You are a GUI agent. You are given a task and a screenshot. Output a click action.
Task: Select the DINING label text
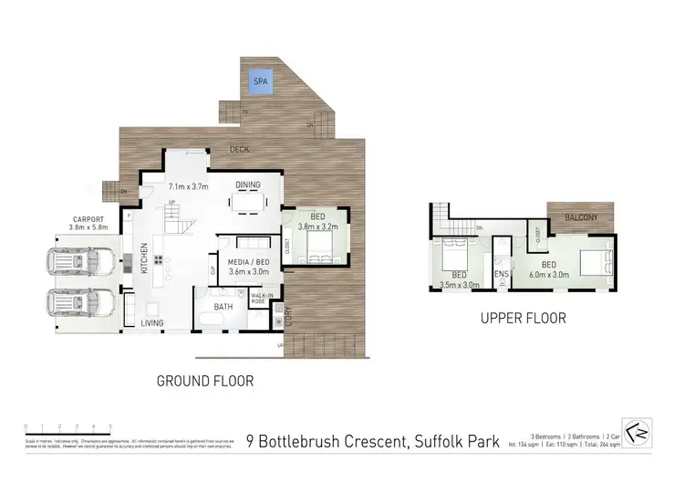pyautogui.click(x=247, y=184)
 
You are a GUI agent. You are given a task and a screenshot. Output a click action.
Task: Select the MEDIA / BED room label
pyautogui.click(x=247, y=261)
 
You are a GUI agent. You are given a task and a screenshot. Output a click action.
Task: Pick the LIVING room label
pyautogui.click(x=152, y=323)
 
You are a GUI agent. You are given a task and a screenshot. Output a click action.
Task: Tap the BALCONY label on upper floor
pyautogui.click(x=581, y=216)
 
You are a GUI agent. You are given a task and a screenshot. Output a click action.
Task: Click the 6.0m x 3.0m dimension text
pyautogui.click(x=546, y=272)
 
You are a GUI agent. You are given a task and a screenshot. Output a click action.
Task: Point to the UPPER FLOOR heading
pyautogui.click(x=524, y=319)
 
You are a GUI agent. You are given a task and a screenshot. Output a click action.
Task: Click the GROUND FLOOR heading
pyautogui.click(x=206, y=380)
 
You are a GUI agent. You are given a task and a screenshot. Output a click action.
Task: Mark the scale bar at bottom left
pyautogui.click(x=67, y=426)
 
